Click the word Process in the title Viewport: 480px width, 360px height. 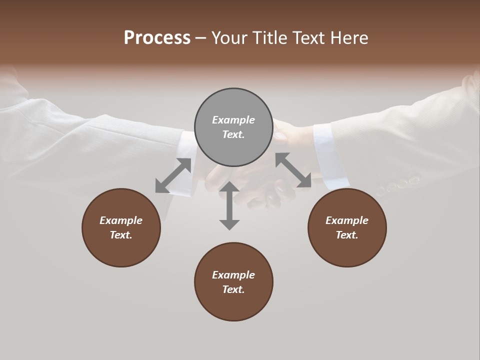pos(157,38)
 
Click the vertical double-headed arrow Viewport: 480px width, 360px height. pos(229,205)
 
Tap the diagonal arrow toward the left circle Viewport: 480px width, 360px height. pos(173,175)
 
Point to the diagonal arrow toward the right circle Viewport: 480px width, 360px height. pos(293,170)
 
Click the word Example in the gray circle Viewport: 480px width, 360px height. pos(233,120)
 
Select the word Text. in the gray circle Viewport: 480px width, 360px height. pos(233,134)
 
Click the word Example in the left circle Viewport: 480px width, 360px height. pos(121,220)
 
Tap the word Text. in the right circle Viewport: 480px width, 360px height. pos(347,235)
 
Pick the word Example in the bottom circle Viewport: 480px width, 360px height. pos(233,275)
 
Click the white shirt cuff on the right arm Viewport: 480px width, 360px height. pos(330,155)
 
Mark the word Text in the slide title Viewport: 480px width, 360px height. pos(310,38)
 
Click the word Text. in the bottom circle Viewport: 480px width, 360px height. pos(233,289)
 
